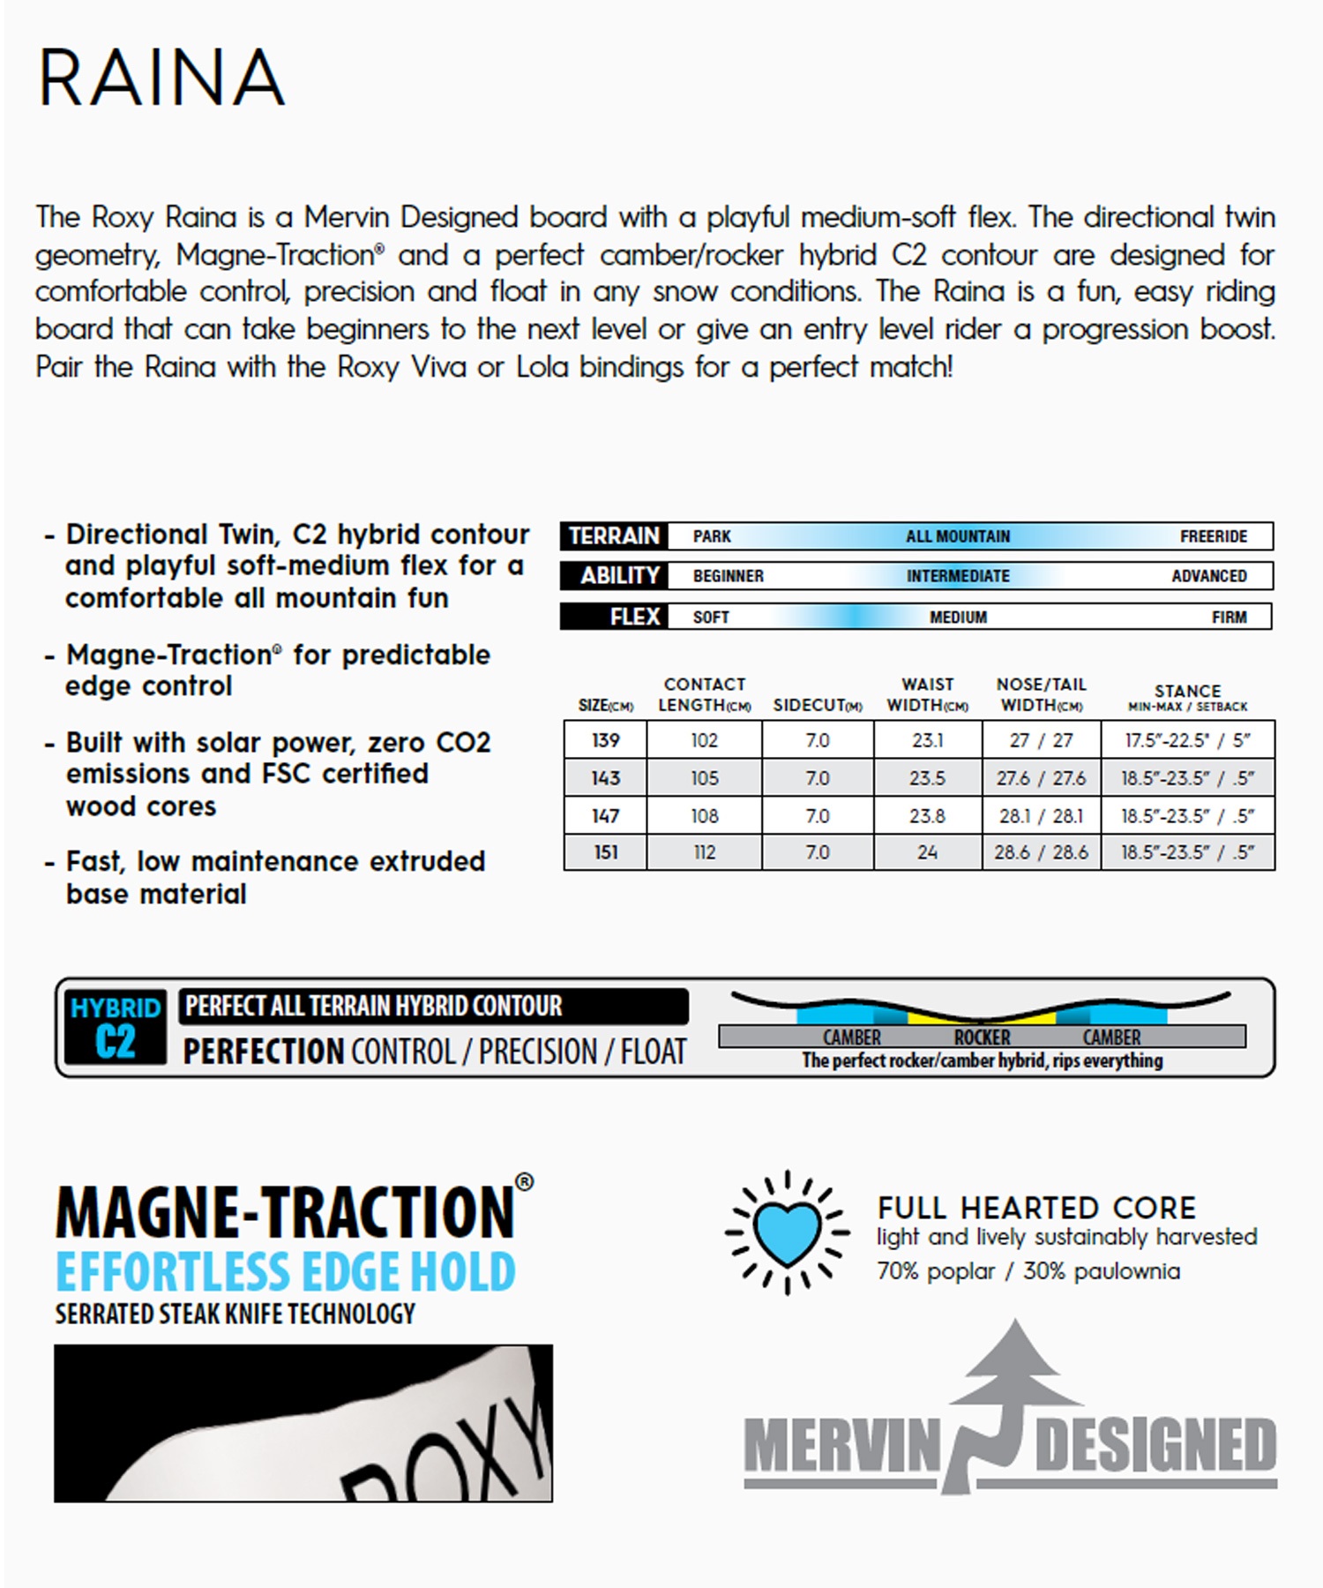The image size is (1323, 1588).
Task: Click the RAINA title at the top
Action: click(x=161, y=78)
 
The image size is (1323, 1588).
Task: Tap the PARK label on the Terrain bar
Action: click(x=711, y=536)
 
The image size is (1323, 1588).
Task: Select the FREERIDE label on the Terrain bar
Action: click(x=1213, y=536)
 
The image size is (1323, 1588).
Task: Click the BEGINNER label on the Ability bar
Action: click(x=728, y=576)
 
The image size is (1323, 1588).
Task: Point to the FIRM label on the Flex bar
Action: click(x=1229, y=618)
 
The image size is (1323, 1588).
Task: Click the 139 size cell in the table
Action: click(x=605, y=740)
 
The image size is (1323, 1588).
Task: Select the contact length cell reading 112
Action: click(x=704, y=853)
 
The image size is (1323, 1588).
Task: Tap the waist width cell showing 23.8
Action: click(x=927, y=816)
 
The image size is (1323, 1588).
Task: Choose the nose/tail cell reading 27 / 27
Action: click(x=1041, y=740)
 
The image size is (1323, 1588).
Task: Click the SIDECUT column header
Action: click(x=817, y=705)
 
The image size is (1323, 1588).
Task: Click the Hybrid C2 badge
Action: click(x=115, y=1027)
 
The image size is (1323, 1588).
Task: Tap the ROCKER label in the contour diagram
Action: click(x=982, y=1037)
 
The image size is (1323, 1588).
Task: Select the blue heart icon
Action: click(x=787, y=1232)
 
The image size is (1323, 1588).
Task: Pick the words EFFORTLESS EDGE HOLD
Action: click(x=285, y=1271)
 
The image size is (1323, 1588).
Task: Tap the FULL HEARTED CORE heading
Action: click(x=1036, y=1208)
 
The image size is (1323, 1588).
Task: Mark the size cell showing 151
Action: click(x=605, y=853)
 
